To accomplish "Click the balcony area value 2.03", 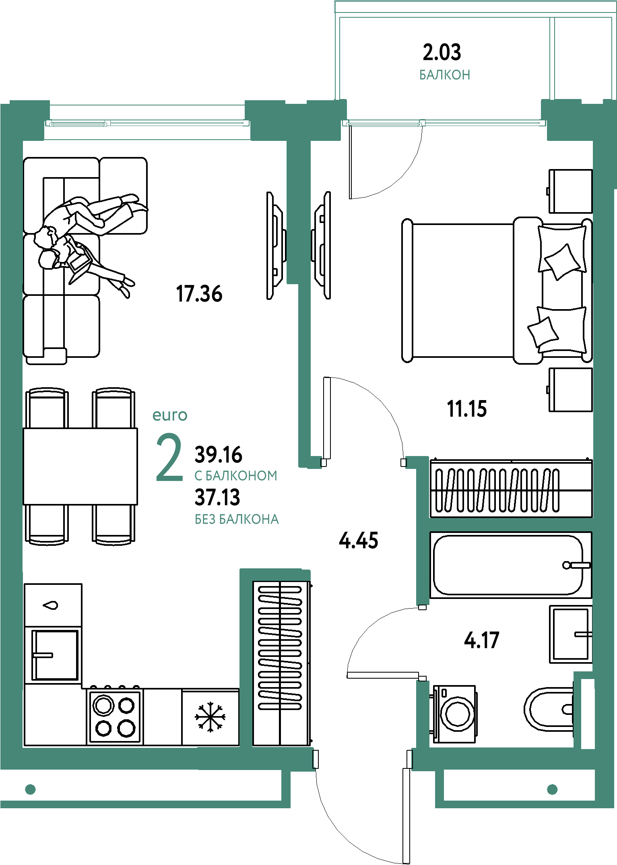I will click(442, 52).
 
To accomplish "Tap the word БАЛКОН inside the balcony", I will click(445, 75).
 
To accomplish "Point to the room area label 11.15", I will click(467, 410).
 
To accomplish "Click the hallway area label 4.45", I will click(358, 541).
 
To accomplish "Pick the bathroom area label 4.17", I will click(482, 640).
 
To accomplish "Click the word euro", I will click(170, 415).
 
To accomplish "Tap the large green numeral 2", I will click(169, 458).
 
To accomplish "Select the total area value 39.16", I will click(218, 455).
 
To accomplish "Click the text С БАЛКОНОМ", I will click(236, 476).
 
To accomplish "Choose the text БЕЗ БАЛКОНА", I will click(237, 519).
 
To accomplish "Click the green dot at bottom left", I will click(30, 789).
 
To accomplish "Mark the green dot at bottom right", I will click(552, 789).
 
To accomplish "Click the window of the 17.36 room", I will click(147, 123).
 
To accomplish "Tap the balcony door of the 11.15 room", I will click(444, 123).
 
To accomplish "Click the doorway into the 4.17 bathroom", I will click(422, 643).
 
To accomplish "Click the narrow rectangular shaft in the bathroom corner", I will click(587, 714).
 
